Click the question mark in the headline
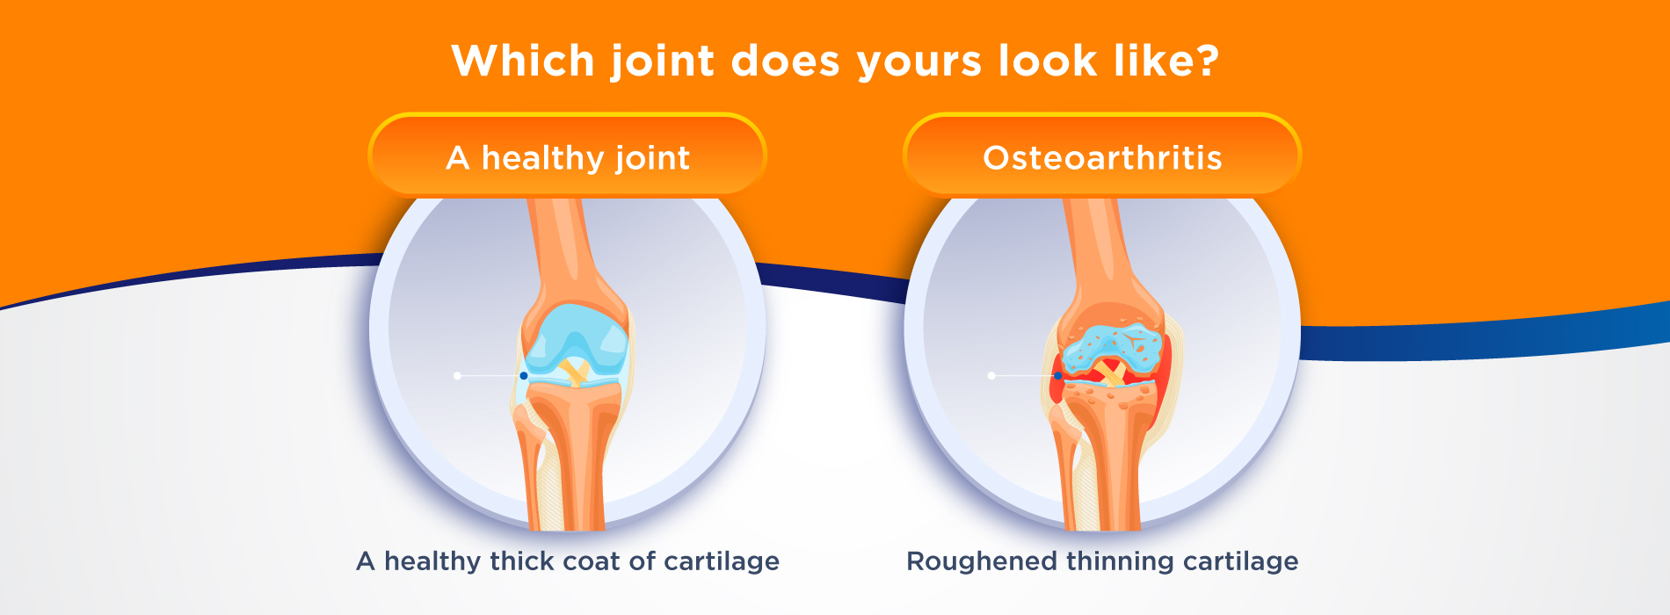1205,61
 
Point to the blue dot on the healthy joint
524,376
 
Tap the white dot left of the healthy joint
457,376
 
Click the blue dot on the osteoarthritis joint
1058,376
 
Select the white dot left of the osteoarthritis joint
991,376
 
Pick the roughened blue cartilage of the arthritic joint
1112,347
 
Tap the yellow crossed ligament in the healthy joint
575,372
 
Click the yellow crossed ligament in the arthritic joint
1109,373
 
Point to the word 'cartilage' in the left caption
722,562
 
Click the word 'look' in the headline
1048,61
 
